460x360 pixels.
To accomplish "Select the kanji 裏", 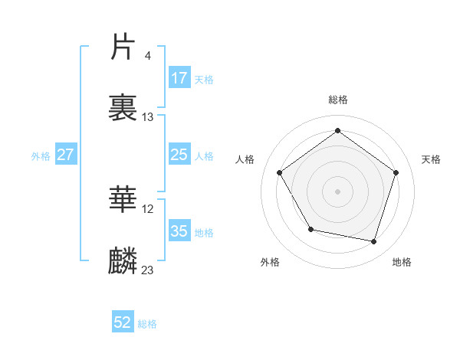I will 124,107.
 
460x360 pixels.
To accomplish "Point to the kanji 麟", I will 124,261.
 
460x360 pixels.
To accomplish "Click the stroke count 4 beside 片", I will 147,55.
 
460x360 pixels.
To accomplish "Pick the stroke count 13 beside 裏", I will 148,117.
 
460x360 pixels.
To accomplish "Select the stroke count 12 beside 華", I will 148,208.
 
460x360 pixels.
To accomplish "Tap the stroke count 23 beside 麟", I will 148,270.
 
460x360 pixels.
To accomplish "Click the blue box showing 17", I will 179,78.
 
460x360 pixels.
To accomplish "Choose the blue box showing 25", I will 179,155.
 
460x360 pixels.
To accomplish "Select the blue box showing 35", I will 179,231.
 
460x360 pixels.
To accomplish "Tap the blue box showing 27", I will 66,155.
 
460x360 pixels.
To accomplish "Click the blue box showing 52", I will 123,322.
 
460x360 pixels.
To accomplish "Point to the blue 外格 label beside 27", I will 41,156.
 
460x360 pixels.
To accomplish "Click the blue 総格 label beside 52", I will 147,324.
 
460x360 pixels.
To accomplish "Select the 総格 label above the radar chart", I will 338,100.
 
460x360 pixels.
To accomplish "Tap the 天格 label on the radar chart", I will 431,159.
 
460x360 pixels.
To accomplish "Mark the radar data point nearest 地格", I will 374,241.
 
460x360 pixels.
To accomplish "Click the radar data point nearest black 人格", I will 280,172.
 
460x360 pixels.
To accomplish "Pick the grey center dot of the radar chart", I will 338,191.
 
